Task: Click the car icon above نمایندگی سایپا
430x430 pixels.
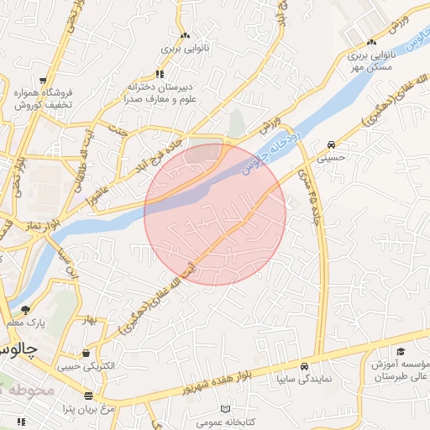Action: click(x=304, y=366)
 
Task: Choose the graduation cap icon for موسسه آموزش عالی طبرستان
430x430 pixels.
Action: click(x=401, y=351)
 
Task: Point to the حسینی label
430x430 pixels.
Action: click(x=335, y=155)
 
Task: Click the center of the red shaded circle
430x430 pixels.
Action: click(x=215, y=214)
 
